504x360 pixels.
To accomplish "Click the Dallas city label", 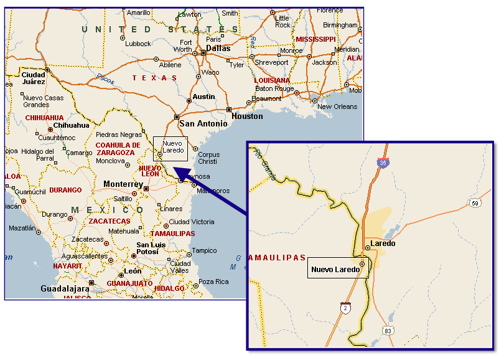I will (x=218, y=48).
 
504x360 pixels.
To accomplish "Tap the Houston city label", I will (x=247, y=116).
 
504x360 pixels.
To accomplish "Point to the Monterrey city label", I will (x=123, y=184).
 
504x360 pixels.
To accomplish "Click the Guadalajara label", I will (x=65, y=289).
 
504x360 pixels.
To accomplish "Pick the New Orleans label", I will (x=337, y=107).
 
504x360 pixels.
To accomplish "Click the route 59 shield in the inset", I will (x=474, y=202).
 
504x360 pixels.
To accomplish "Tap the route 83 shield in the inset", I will (x=388, y=330).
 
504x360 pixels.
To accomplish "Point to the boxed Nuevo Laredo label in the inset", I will (x=335, y=269).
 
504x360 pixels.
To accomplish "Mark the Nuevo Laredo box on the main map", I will (x=170, y=148).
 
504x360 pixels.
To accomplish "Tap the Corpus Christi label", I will (x=208, y=158).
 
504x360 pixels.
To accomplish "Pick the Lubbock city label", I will (x=138, y=44).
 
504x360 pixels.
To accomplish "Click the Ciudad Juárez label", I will (x=33, y=78).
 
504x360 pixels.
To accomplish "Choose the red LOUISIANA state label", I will (x=272, y=80).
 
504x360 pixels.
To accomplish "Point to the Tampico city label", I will (x=205, y=251).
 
